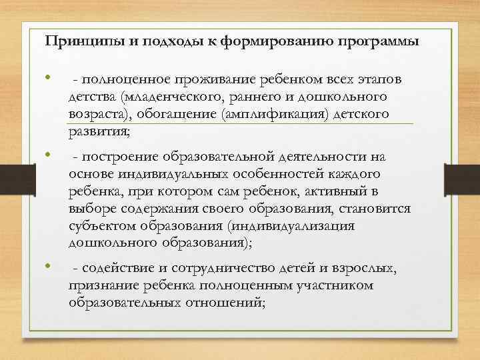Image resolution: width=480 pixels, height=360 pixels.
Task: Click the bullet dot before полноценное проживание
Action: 49,79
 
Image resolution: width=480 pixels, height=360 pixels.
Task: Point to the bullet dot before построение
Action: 49,155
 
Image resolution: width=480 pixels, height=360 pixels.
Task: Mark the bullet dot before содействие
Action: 49,267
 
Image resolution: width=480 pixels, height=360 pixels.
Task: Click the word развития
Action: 98,132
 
